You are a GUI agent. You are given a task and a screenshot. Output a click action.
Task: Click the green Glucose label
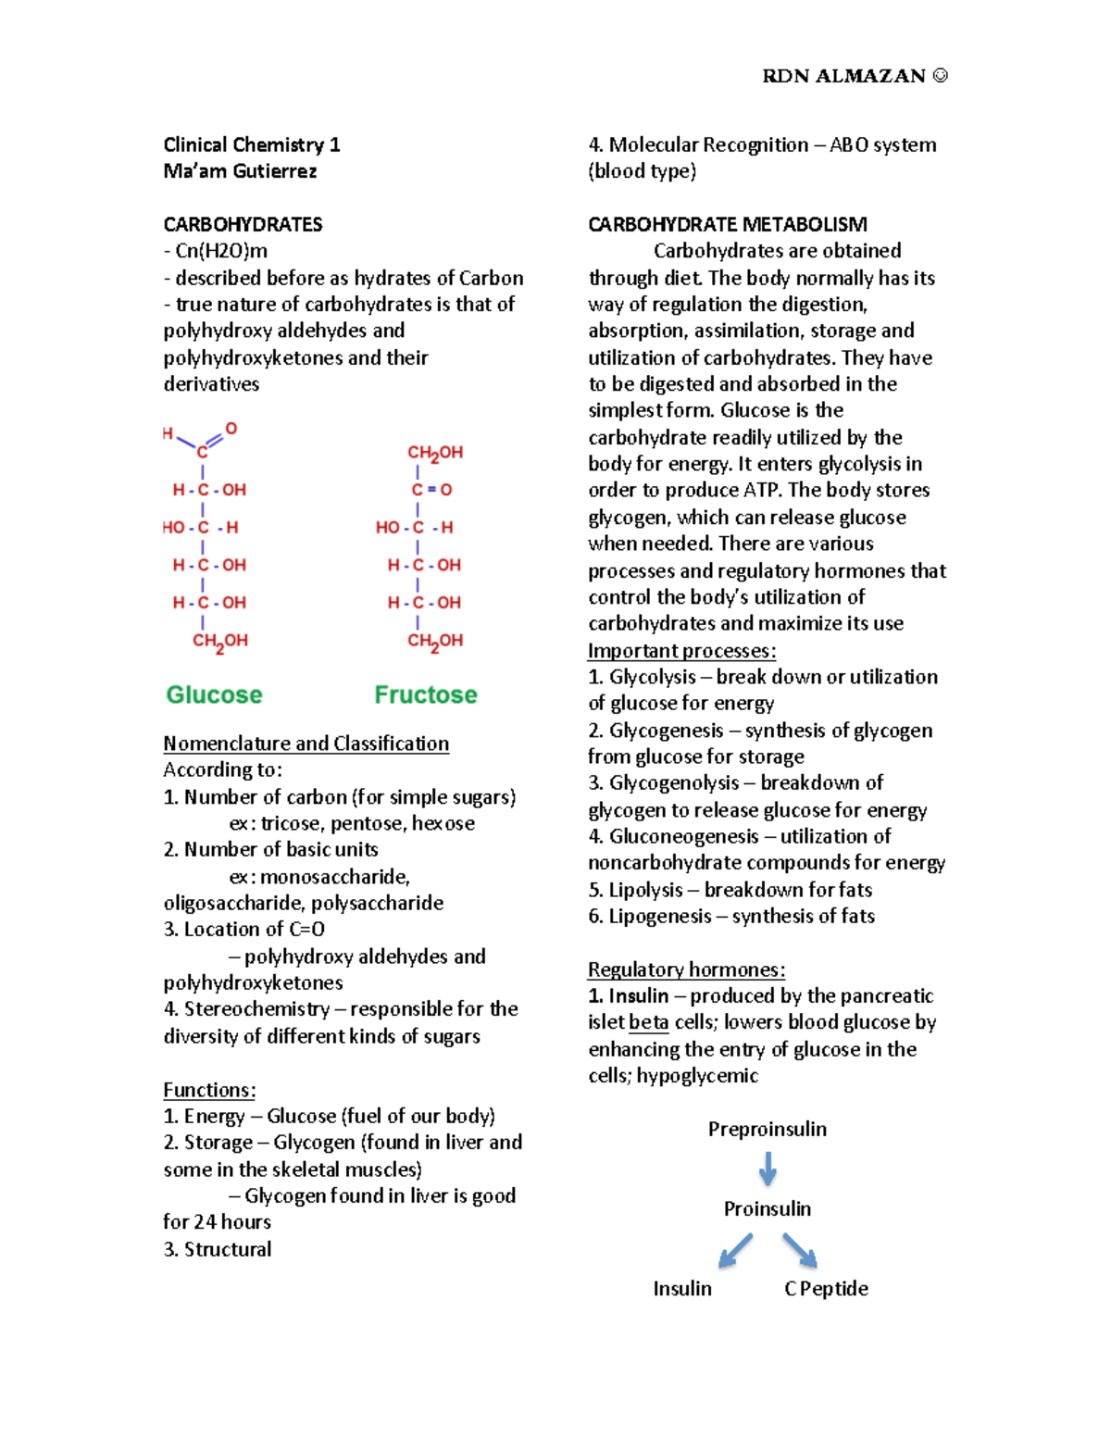(x=214, y=694)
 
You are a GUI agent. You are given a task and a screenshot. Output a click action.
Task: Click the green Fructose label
(x=426, y=694)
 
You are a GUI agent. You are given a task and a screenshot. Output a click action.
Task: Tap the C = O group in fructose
(x=431, y=490)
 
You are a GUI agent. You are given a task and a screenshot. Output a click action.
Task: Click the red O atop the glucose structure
(x=231, y=429)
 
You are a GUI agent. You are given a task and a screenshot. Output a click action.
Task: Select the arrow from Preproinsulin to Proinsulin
(x=768, y=1169)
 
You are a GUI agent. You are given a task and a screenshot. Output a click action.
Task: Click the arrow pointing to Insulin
(x=736, y=1250)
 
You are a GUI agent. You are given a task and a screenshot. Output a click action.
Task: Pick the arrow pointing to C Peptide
(x=800, y=1250)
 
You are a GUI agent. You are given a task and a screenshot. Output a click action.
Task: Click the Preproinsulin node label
(x=768, y=1129)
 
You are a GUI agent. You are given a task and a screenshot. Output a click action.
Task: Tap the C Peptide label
(x=826, y=1288)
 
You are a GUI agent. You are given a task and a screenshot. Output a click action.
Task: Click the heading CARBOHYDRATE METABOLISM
(x=728, y=224)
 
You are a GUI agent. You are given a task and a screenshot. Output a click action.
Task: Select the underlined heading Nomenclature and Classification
(x=306, y=744)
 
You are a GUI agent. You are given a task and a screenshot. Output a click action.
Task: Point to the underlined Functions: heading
(x=209, y=1090)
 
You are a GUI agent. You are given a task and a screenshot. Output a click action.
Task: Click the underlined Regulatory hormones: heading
(x=686, y=969)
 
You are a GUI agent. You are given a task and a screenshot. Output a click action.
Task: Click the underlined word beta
(x=648, y=1022)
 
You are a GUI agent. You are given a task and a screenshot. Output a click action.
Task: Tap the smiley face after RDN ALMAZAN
(x=940, y=76)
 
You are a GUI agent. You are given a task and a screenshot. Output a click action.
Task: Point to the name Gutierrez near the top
(x=275, y=171)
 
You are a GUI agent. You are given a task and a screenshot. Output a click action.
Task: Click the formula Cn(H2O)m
(x=221, y=251)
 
